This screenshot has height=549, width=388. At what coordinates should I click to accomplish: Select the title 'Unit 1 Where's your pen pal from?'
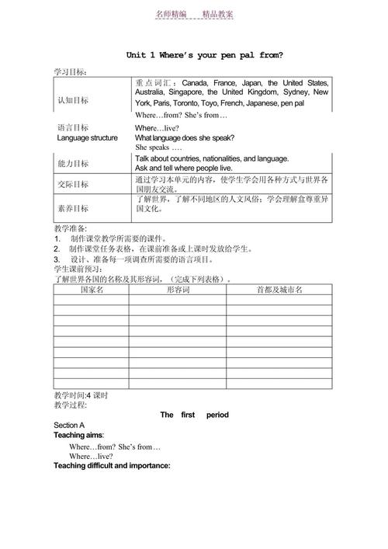click(x=204, y=55)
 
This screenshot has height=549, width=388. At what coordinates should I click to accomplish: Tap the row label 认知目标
click(x=73, y=100)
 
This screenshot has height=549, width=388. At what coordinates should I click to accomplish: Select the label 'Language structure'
click(x=88, y=137)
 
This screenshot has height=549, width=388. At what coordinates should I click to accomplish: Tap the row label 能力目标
click(x=73, y=163)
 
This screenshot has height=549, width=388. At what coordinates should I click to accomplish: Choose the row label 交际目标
click(x=73, y=185)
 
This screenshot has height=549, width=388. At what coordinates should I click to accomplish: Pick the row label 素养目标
click(x=73, y=208)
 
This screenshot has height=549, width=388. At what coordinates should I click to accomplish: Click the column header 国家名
click(x=91, y=290)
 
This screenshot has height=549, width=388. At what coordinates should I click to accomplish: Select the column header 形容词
click(x=178, y=290)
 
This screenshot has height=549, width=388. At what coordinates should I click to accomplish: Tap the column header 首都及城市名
click(x=279, y=290)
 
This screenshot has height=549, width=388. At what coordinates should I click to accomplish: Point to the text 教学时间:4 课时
click(x=81, y=395)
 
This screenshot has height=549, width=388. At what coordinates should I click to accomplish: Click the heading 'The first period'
click(x=194, y=415)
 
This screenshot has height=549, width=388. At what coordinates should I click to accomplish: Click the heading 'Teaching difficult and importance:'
click(x=112, y=466)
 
